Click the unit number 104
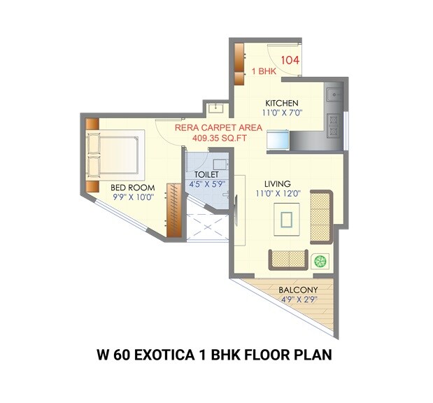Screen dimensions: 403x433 [290, 60]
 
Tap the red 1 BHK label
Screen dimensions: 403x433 [264, 71]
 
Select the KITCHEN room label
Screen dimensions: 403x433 [281, 103]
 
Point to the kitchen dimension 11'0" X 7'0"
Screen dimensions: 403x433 [281, 113]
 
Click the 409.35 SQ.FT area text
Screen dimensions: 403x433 [222, 138]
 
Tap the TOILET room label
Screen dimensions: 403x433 [208, 174]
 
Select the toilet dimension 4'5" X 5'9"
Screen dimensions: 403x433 [208, 185]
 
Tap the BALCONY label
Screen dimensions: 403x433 [298, 290]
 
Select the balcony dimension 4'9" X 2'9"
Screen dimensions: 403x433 [298, 299]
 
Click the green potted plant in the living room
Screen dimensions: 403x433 [321, 262]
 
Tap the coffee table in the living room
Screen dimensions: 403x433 [287, 220]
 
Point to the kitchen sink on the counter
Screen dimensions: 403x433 [336, 92]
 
